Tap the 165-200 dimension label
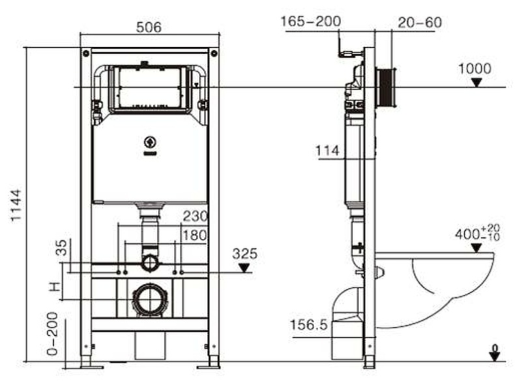click(310, 21)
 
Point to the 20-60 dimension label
click(420, 22)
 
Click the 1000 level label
click(475, 68)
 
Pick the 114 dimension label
click(328, 151)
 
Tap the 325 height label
click(244, 253)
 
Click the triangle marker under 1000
click(477, 83)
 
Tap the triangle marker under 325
click(244, 267)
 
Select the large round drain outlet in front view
click(151, 300)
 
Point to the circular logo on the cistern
click(150, 141)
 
